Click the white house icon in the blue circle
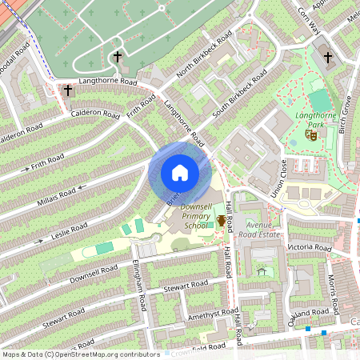[x=180, y=173]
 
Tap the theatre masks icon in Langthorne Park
[x=312, y=135]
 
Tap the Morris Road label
[x=337, y=294]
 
